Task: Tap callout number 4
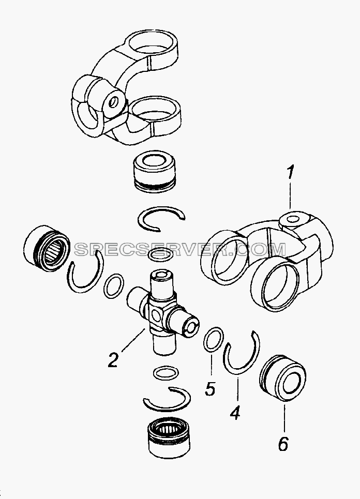click(235, 413)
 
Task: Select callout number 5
click(210, 388)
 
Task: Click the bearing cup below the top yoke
click(154, 174)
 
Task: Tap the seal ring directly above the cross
click(161, 255)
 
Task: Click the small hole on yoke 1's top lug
click(293, 219)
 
